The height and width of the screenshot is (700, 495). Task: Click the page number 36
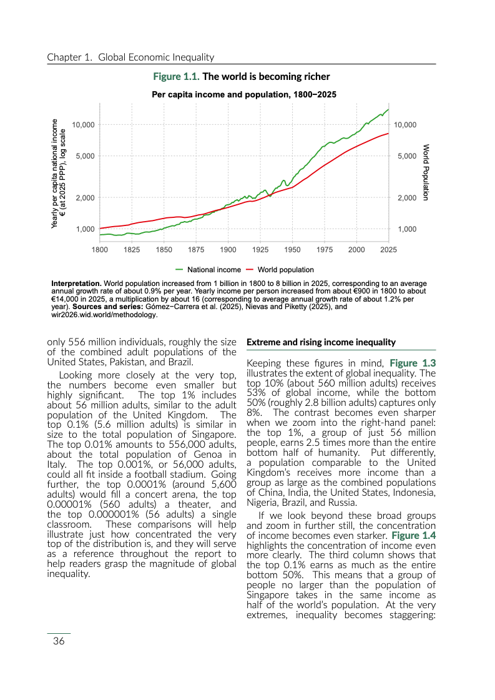click(59, 641)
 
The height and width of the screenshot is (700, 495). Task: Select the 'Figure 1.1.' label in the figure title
click(177, 77)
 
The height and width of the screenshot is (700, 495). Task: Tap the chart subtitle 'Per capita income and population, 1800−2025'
click(245, 95)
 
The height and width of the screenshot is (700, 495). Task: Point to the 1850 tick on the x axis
click(164, 250)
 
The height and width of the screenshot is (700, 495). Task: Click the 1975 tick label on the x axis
click(324, 250)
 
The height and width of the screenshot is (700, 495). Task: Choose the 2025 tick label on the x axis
click(388, 250)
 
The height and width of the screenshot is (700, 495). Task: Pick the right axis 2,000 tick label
click(406, 198)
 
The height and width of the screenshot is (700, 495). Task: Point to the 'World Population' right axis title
click(426, 172)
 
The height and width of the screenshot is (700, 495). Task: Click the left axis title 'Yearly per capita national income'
click(55, 173)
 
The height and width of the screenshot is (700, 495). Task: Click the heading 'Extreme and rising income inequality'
click(321, 342)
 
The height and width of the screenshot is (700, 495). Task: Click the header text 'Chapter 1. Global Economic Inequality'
click(130, 57)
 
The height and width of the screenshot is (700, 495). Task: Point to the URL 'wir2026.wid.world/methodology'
click(103, 315)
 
